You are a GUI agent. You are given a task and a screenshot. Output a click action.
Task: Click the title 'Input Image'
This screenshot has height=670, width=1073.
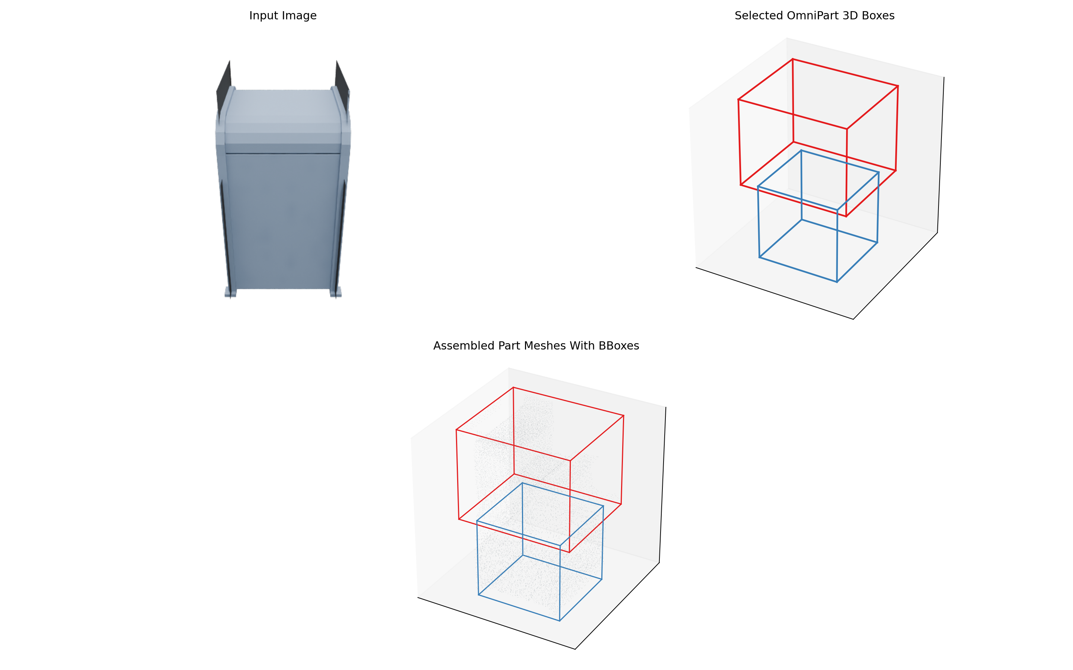click(x=282, y=16)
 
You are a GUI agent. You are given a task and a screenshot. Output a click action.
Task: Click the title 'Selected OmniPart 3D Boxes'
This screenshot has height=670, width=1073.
click(x=814, y=16)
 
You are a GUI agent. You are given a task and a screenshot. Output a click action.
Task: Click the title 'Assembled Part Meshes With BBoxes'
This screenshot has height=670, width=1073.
click(x=536, y=346)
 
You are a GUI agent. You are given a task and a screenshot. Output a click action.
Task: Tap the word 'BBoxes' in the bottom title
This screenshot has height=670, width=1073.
click(x=618, y=346)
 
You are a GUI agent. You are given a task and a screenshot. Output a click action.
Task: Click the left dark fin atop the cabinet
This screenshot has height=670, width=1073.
click(x=225, y=84)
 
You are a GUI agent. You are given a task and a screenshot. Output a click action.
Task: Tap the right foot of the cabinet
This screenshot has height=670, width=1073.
click(x=336, y=293)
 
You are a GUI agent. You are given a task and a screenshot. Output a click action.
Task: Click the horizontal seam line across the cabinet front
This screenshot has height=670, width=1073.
click(x=283, y=154)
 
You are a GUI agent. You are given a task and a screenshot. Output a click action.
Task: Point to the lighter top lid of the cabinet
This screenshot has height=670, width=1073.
click(x=283, y=111)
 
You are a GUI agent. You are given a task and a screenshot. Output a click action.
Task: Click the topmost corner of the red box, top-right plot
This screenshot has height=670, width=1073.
click(x=792, y=59)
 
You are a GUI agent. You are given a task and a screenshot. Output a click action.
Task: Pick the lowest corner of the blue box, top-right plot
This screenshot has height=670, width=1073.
click(x=837, y=282)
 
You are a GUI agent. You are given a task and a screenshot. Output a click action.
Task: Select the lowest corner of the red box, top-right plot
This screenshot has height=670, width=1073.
click(x=846, y=216)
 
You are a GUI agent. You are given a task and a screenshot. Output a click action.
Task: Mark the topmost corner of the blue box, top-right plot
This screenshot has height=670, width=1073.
click(x=801, y=151)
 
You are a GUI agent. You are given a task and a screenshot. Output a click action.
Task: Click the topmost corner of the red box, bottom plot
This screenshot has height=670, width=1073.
click(x=513, y=388)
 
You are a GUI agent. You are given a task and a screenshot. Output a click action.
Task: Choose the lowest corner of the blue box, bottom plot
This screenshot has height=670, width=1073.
click(x=560, y=621)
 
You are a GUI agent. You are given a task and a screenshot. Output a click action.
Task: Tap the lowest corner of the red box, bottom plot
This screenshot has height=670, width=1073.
click(x=569, y=552)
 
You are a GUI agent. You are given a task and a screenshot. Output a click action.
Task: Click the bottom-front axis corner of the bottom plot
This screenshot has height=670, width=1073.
click(x=575, y=649)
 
